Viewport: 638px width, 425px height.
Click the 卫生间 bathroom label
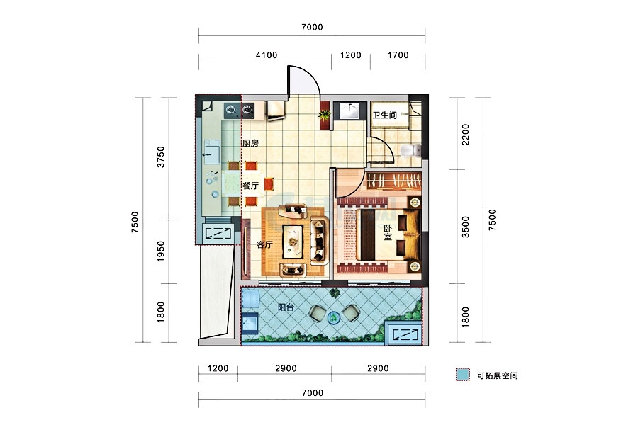[384, 115]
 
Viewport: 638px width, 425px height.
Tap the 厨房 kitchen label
[250, 143]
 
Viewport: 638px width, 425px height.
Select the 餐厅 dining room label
[251, 186]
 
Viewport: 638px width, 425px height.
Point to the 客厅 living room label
[264, 244]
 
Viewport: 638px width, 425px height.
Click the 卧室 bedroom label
[387, 232]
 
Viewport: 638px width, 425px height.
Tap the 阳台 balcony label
[286, 307]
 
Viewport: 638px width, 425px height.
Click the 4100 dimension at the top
[267, 55]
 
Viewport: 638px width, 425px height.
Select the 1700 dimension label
[398, 55]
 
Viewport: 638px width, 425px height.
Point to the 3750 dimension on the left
[161, 157]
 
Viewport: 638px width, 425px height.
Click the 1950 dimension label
[161, 251]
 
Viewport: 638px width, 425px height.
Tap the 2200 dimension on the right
[466, 134]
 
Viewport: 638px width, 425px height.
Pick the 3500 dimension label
[466, 227]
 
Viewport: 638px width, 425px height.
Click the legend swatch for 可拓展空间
[463, 375]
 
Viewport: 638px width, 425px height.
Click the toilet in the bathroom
[411, 151]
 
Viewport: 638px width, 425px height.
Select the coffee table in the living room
[293, 242]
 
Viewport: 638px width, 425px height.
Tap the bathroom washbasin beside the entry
[349, 110]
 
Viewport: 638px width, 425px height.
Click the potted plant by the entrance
[324, 115]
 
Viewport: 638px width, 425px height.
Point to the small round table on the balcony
[334, 317]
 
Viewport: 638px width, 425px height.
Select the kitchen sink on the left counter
[211, 152]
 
